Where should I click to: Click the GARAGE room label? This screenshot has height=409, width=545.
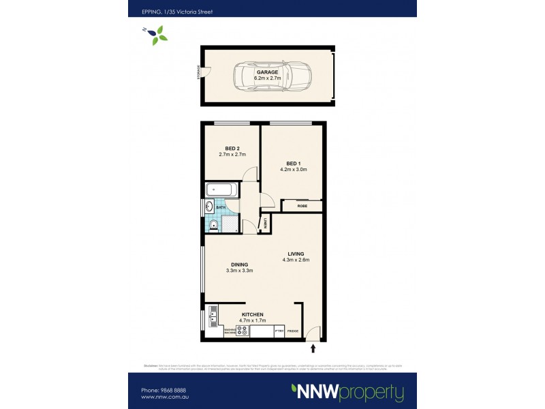267,72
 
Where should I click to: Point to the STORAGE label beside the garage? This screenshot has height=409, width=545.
199,72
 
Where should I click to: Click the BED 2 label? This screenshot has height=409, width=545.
232,149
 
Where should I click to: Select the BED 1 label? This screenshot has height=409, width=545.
293,164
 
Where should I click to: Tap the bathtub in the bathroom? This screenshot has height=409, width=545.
221,189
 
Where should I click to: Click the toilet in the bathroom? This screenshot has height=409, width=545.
213,225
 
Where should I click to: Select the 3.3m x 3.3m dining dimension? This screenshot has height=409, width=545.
240,271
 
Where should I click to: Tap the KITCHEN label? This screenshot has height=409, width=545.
251,314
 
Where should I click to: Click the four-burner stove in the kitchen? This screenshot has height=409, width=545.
242,331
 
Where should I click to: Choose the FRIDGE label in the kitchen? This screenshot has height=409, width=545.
293,331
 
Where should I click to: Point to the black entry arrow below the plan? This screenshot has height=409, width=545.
313,348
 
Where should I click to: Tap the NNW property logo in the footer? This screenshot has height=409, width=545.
347,392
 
